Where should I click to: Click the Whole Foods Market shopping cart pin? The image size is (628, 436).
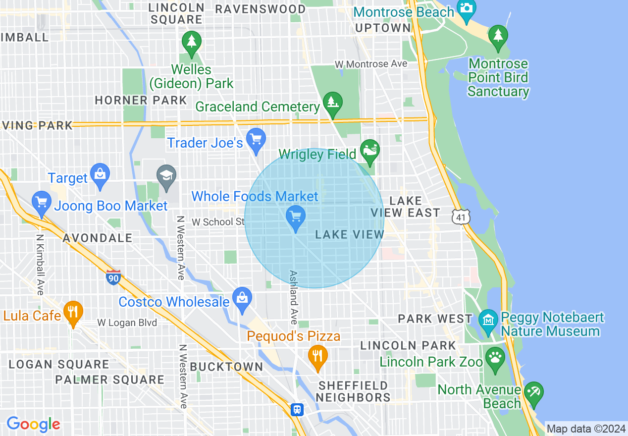coord(296,217)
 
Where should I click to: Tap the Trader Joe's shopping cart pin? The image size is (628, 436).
coord(256,140)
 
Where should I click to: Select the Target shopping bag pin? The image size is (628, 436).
coord(100,174)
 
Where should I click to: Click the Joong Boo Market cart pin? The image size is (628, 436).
coord(42,203)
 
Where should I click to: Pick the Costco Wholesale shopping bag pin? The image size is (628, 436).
coord(242,298)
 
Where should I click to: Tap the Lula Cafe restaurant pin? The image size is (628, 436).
coord(73,312)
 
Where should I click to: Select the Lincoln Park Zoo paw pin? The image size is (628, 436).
coord(495,357)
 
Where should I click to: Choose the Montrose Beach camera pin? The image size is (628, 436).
coord(466,9)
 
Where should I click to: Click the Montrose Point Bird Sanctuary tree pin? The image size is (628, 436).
coord(498,37)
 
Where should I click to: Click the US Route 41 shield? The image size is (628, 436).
coord(460,217)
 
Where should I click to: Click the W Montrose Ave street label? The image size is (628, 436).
coord(370,64)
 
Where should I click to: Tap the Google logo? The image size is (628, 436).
coord(33,424)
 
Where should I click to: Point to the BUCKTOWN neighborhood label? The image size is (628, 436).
coord(226,367)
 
